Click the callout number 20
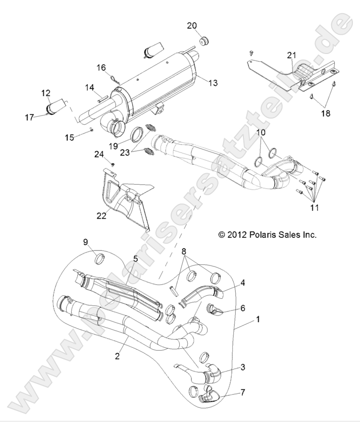pos(192,25)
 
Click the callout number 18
pos(325,113)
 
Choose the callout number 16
pos(101,67)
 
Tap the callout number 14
pos(89,88)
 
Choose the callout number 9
pos(85,242)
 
